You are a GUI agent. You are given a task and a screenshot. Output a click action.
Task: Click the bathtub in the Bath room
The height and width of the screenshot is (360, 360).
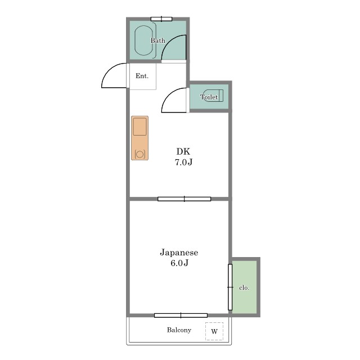point(144,40)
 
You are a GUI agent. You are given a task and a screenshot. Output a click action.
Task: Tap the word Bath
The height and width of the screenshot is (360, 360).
point(157,40)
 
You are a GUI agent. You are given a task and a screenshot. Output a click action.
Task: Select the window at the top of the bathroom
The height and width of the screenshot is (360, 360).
point(161,19)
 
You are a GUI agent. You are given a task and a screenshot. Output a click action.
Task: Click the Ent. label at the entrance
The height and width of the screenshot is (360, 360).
point(142,76)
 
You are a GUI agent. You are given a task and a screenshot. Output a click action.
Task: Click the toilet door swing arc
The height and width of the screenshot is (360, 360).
point(169,94)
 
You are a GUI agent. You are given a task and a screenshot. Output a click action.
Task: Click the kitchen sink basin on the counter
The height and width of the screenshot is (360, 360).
point(139,127)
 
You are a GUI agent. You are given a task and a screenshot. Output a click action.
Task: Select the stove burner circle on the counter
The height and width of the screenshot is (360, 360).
point(139,154)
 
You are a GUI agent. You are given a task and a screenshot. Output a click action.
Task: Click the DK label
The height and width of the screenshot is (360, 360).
point(183,151)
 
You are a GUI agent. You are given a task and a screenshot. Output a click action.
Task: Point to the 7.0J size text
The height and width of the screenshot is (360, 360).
point(183,162)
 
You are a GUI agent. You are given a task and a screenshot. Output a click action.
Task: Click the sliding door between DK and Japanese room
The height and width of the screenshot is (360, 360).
point(184,199)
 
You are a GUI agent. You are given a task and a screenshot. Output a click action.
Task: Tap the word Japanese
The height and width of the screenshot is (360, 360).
point(179,253)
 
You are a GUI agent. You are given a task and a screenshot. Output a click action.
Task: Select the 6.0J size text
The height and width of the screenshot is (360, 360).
point(179,263)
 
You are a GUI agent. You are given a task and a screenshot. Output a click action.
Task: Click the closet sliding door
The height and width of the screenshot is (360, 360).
point(230,287)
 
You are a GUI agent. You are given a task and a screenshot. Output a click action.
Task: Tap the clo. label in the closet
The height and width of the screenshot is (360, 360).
point(244,287)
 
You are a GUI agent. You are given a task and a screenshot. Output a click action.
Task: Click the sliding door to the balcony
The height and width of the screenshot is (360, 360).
point(181,316)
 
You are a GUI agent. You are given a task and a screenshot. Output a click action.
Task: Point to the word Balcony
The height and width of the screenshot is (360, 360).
point(179,330)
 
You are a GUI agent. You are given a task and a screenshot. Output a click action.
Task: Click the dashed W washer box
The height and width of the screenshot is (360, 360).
point(214,331)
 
